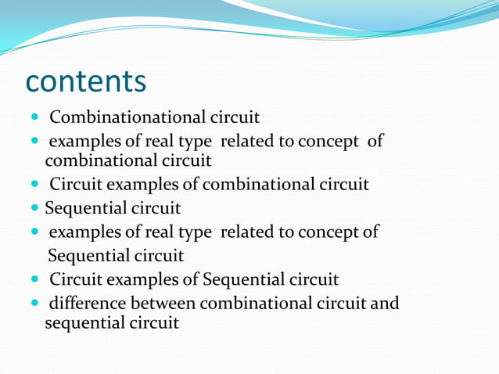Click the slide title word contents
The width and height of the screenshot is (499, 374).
coord(86,81)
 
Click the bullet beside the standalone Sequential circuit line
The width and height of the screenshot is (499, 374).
coord(35,209)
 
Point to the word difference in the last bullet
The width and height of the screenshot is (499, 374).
coord(87,302)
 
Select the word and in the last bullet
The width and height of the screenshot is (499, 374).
coord(384,302)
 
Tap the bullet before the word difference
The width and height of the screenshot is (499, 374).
coord(35,303)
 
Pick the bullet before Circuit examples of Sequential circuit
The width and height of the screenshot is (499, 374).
coord(35,279)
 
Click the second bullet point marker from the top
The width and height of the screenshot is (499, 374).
coord(35,142)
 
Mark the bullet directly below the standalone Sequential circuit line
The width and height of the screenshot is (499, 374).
coord(35,232)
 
